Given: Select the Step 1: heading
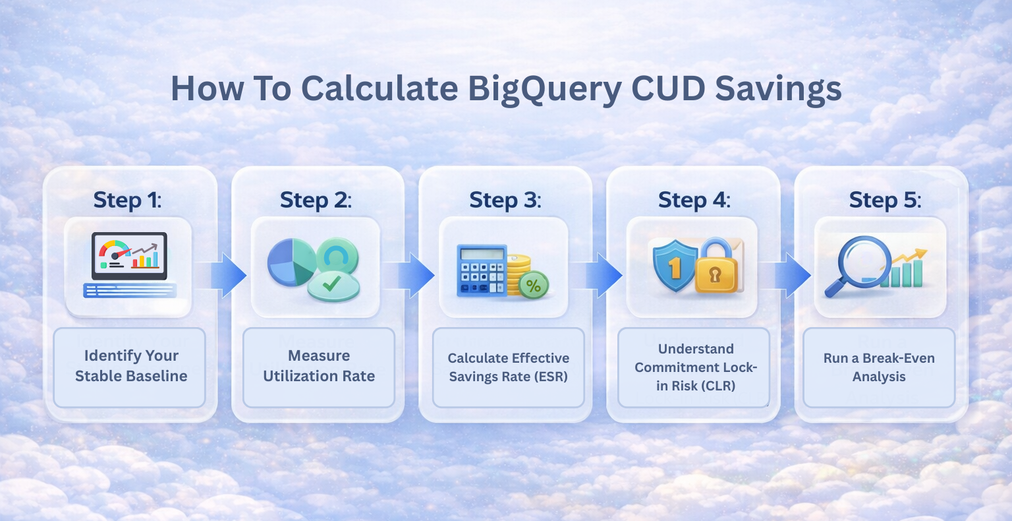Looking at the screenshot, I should point(127,200).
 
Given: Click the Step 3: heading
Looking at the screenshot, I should point(505,200).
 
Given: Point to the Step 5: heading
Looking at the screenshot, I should point(884,200).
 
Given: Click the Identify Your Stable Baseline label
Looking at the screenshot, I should point(131,366).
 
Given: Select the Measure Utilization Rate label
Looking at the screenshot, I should point(319,366).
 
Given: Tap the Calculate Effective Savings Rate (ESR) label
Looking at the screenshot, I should point(508,367).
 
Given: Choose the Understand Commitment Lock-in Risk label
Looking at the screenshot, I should point(696,367).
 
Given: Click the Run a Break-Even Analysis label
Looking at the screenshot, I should point(879,367).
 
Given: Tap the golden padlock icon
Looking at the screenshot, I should point(719,269).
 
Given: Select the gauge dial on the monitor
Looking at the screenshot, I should point(113,251).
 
